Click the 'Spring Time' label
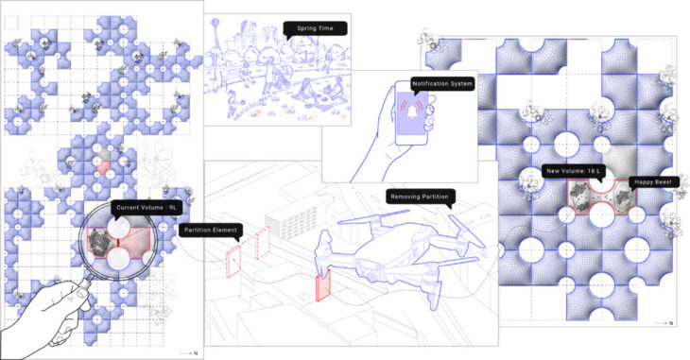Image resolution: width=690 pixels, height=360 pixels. [315, 28]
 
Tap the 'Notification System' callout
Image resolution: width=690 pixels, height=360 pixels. [442, 83]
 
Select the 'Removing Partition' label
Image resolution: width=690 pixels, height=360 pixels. [420, 197]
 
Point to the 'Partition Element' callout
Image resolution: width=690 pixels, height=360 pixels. [211, 231]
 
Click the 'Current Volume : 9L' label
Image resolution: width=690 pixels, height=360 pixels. [147, 207]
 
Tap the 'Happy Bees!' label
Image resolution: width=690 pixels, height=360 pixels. [653, 182]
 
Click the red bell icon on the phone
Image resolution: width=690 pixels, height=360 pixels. [412, 111]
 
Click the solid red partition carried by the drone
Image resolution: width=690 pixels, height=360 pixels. [323, 286]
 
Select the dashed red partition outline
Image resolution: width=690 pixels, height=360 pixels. [262, 243]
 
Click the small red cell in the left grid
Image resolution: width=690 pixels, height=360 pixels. [103, 167]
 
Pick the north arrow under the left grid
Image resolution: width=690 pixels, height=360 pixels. [186, 353]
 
